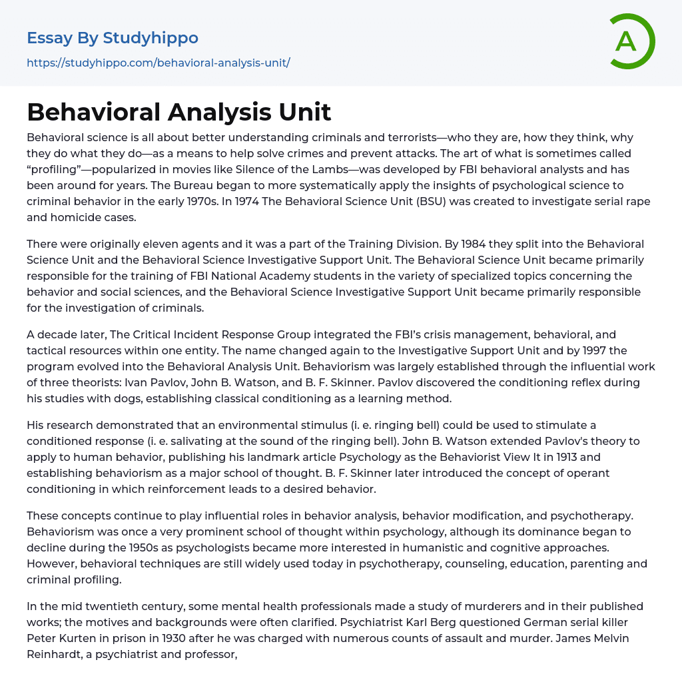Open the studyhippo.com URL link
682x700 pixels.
click(x=159, y=63)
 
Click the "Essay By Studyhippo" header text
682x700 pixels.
click(x=113, y=38)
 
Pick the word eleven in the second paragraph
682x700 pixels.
click(x=155, y=244)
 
